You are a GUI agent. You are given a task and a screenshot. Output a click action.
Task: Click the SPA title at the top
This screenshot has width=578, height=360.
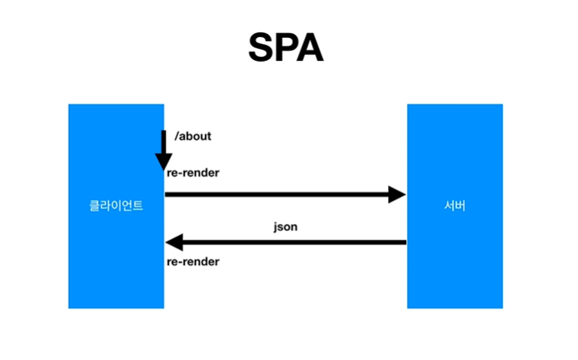coord(286,49)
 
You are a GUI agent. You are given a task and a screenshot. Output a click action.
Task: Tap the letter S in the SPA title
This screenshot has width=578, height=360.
coord(263,49)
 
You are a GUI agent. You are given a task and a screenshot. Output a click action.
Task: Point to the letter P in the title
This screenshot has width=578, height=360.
coord(286,49)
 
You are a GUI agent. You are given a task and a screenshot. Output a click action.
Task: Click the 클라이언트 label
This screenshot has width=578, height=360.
coord(116,206)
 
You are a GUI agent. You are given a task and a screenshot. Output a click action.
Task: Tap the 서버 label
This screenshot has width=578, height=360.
coord(454,206)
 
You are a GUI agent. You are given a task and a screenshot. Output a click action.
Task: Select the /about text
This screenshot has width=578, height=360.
coord(193,136)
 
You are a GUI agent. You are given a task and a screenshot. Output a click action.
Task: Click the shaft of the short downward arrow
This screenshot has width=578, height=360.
coord(162,142)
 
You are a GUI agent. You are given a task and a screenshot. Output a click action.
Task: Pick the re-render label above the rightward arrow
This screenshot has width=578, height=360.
coord(192,172)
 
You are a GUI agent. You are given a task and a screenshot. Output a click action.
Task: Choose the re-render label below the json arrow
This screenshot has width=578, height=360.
coord(192,262)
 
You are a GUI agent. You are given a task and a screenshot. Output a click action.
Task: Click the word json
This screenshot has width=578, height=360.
coord(285,227)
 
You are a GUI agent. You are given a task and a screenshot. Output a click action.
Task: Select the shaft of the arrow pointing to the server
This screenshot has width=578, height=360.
coord(277,194)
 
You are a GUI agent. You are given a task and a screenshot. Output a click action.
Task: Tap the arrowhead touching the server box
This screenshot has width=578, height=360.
coord(397,194)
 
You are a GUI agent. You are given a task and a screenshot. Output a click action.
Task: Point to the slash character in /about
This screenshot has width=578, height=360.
coord(176,136)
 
